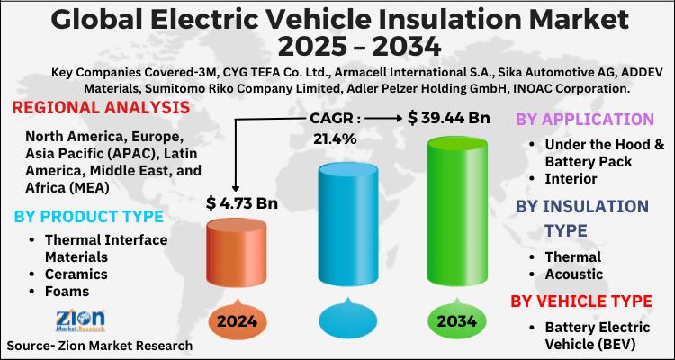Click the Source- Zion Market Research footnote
pyautogui.click(x=101, y=346)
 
